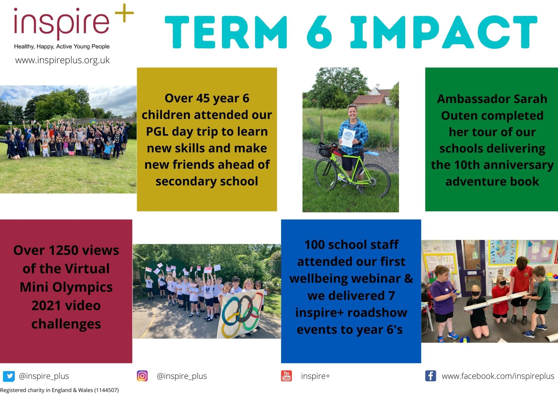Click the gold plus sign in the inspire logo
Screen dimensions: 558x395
(124, 13)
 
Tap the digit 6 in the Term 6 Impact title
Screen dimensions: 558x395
(319, 32)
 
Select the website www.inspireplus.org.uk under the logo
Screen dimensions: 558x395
(62, 60)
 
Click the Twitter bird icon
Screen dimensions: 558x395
(9, 376)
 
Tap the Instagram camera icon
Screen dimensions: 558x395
(142, 376)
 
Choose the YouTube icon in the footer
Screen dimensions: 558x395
(286, 376)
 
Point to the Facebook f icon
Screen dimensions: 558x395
(430, 376)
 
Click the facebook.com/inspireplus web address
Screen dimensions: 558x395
(498, 376)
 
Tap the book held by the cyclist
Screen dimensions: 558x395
(348, 138)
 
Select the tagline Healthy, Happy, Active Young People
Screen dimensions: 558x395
(62, 46)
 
